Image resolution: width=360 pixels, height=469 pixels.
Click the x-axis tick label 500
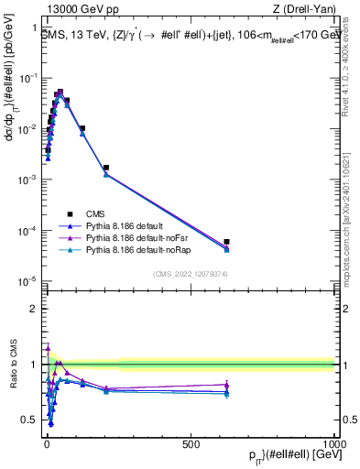[x=191, y=443]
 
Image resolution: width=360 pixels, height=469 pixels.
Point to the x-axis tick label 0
[x=46, y=443]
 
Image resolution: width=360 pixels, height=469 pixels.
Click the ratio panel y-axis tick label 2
[x=34, y=309]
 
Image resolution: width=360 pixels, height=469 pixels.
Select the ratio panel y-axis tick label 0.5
[x=29, y=420]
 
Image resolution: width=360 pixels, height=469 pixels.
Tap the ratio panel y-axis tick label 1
[x=34, y=365]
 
